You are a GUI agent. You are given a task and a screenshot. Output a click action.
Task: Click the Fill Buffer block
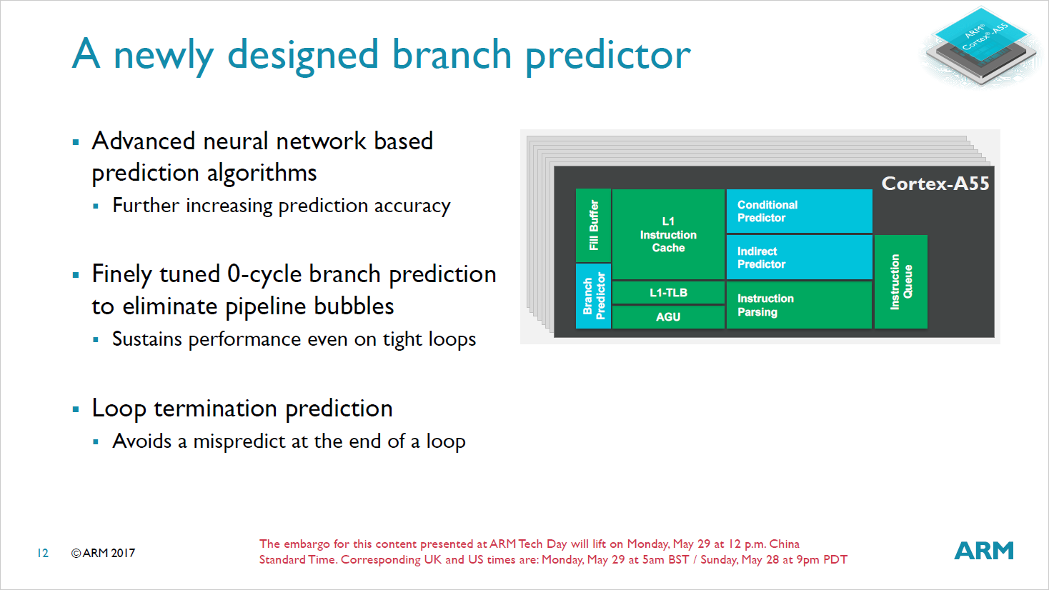click(593, 225)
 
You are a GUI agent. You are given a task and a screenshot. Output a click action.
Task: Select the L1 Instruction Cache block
click(668, 234)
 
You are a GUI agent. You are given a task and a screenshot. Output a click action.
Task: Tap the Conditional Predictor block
click(799, 211)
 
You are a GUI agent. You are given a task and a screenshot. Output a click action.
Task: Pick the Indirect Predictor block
click(799, 257)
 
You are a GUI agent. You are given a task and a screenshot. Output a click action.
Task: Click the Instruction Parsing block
click(799, 305)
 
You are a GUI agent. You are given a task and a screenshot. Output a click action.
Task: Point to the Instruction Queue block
click(900, 281)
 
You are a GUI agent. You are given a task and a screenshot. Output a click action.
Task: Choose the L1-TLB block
click(668, 293)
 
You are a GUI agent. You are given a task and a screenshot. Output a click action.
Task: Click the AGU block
click(668, 316)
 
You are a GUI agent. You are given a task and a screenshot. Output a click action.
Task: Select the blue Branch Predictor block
click(593, 296)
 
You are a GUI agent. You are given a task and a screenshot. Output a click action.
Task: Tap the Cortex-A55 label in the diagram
click(935, 184)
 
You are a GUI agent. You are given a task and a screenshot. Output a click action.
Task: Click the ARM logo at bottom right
click(984, 551)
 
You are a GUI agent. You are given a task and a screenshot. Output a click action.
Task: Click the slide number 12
click(43, 553)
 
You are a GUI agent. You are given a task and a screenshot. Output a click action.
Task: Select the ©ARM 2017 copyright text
click(103, 553)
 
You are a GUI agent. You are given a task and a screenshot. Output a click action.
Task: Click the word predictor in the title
click(608, 55)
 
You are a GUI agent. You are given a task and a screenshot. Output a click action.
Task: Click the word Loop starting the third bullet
click(119, 409)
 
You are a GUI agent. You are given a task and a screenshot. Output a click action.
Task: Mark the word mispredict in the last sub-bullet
click(239, 441)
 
